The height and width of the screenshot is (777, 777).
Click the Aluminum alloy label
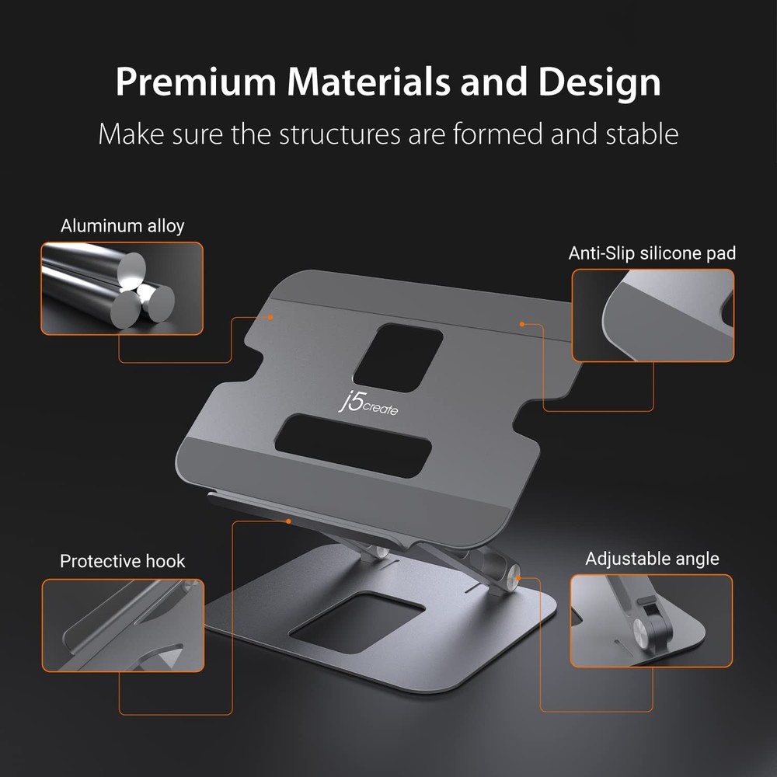pos(123,226)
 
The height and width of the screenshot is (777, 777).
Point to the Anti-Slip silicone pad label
pos(652,253)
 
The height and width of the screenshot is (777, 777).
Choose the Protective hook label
pos(123,561)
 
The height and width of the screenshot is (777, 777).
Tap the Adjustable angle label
pos(652,559)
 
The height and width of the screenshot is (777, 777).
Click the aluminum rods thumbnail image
pos(122,288)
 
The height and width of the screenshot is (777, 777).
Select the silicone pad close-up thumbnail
pos(653,315)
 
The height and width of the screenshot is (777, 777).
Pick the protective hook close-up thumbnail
pos(123,625)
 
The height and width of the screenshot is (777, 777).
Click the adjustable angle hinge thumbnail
pos(651,620)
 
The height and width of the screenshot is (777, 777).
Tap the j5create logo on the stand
pos(368,404)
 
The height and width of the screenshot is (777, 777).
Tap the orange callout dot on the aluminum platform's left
pos(271,317)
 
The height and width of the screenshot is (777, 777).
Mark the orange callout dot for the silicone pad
pos(522,323)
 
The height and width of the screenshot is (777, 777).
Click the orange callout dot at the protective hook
pos(288,521)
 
